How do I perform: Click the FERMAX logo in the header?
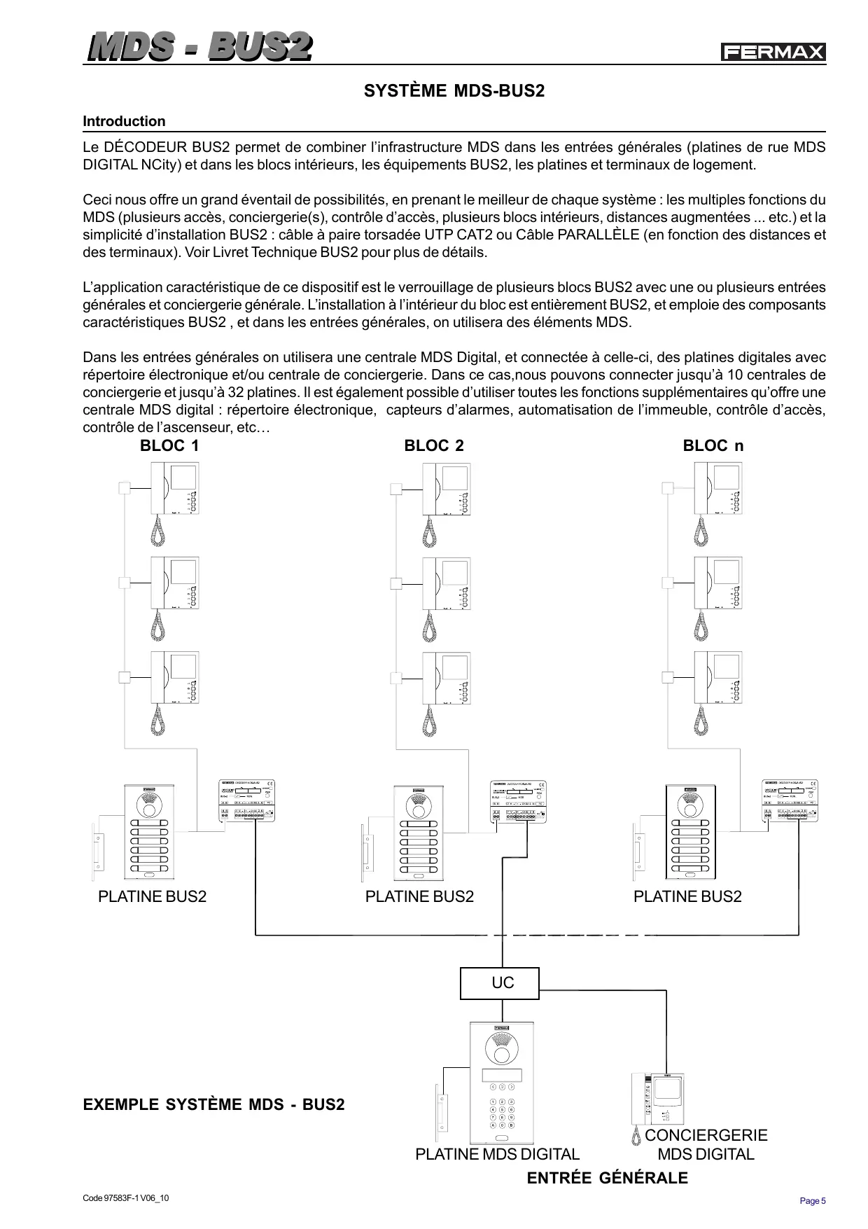pyautogui.click(x=773, y=53)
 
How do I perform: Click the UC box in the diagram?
pyautogui.click(x=500, y=983)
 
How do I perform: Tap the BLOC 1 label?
pyautogui.click(x=169, y=446)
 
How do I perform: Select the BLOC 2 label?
pyautogui.click(x=434, y=446)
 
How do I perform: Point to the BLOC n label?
pyautogui.click(x=713, y=446)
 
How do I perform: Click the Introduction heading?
pyautogui.click(x=124, y=121)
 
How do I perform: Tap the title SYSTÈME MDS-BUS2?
pyautogui.click(x=454, y=91)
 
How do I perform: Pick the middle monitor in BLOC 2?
pyautogui.click(x=447, y=583)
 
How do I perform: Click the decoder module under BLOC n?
pyautogui.click(x=789, y=800)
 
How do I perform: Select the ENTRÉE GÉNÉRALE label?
pyautogui.click(x=607, y=1178)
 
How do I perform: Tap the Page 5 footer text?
pyautogui.click(x=813, y=1201)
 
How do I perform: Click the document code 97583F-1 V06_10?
pyautogui.click(x=126, y=1198)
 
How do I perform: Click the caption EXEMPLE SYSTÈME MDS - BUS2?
pyautogui.click(x=213, y=1105)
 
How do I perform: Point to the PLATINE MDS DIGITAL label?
pyautogui.click(x=497, y=1154)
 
